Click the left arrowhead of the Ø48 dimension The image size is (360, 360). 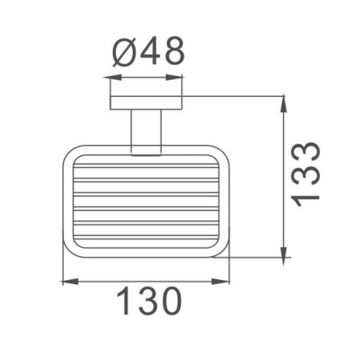tap(110, 78)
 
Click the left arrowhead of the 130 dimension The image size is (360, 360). tap(66, 281)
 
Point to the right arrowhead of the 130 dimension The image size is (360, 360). tap(226, 281)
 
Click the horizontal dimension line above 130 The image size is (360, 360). tap(146, 281)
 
